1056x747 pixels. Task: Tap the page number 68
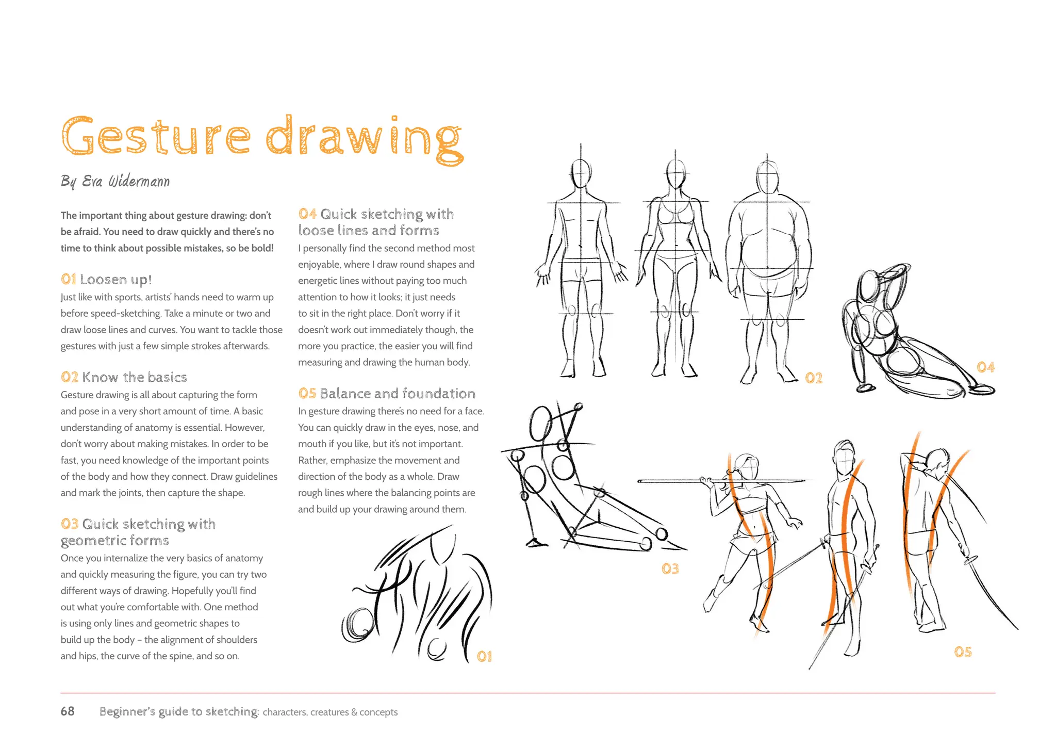pyautogui.click(x=68, y=711)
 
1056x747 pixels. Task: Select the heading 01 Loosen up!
pyautogui.click(x=106, y=280)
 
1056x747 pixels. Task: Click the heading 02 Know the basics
pyautogui.click(x=124, y=377)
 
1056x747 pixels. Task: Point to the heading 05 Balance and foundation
pyautogui.click(x=387, y=394)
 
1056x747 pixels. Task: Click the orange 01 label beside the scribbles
pyautogui.click(x=484, y=656)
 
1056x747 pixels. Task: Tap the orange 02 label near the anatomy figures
pyautogui.click(x=814, y=378)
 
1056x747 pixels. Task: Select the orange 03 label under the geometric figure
pyautogui.click(x=670, y=569)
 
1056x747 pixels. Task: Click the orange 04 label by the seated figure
pyautogui.click(x=985, y=367)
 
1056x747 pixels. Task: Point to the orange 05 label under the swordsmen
pyautogui.click(x=963, y=652)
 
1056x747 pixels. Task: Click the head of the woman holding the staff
pyautogui.click(x=746, y=467)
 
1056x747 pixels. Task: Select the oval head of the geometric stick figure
pyautogui.click(x=541, y=423)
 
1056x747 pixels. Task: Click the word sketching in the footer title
pyautogui.click(x=232, y=712)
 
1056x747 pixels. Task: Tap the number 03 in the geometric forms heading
pyautogui.click(x=70, y=524)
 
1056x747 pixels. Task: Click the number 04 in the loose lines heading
pyautogui.click(x=307, y=214)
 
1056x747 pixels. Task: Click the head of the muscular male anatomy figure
pyautogui.click(x=581, y=174)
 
